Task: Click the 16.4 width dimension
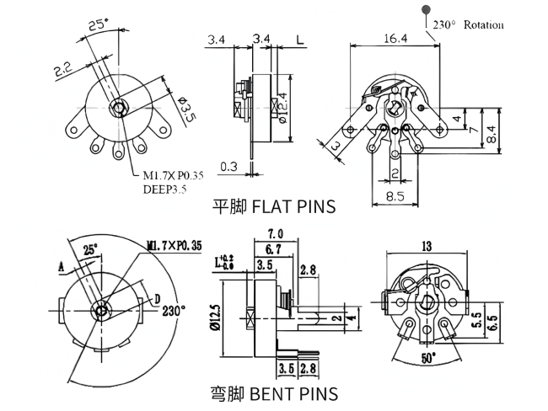[395, 39]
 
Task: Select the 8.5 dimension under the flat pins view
[394, 195]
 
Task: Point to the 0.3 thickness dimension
[228, 166]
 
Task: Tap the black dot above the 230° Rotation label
[421, 8]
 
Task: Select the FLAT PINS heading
[273, 206]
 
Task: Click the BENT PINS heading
[273, 393]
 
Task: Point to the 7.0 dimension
[274, 234]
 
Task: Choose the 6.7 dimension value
[272, 249]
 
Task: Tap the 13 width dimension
[427, 245]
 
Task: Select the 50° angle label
[429, 358]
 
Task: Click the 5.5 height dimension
[477, 321]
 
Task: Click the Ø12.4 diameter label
[283, 107]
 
